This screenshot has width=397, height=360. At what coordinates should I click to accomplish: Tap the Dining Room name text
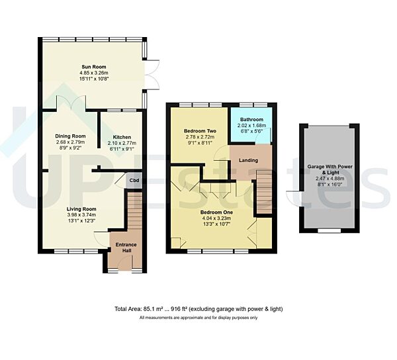[70, 136]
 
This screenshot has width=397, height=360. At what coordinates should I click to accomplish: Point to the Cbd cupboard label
[134, 180]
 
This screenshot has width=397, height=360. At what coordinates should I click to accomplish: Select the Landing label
[249, 160]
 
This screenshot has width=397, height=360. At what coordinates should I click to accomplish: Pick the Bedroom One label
[215, 213]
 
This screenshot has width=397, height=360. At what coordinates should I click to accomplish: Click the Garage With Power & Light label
[328, 171]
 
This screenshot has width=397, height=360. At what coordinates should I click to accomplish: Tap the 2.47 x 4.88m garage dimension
[328, 179]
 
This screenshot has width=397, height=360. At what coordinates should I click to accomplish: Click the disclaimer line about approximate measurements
[198, 318]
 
